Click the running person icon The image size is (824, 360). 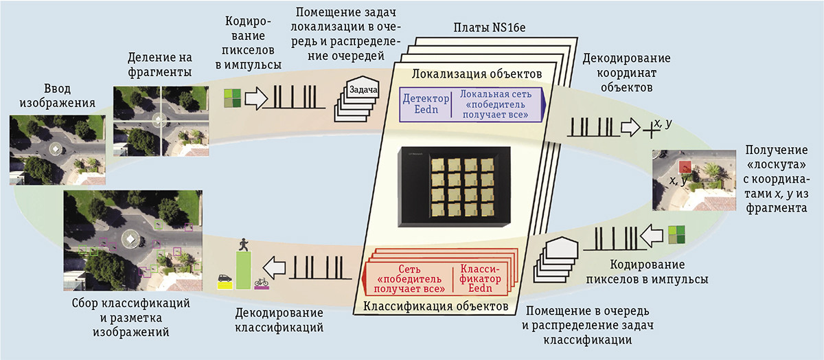click(243, 244)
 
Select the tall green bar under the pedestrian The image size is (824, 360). click(243, 270)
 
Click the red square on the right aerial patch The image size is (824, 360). click(685, 168)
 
